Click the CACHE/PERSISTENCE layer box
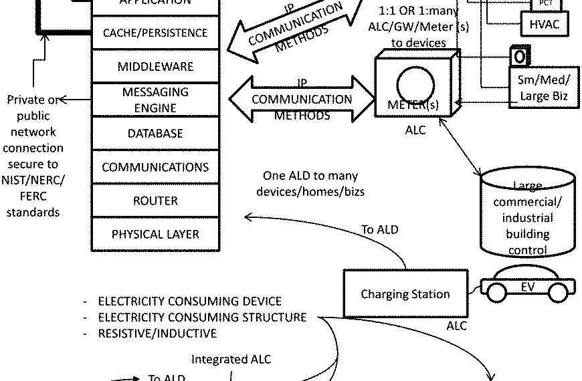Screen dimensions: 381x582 point(155,33)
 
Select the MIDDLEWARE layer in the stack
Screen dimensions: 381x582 point(155,67)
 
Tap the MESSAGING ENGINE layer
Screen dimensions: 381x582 point(155,100)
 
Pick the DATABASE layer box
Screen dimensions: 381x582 point(155,134)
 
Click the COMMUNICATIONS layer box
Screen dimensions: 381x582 point(155,167)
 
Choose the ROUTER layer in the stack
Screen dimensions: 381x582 point(155,201)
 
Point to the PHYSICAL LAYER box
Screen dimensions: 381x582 point(155,235)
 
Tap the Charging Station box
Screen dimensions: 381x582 point(405,294)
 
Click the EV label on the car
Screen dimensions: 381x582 point(528,287)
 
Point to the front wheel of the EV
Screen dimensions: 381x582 point(558,292)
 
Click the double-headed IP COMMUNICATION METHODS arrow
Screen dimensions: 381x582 point(302,100)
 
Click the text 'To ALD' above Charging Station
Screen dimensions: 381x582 point(380,229)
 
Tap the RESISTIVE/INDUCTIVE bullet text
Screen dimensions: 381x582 point(157,333)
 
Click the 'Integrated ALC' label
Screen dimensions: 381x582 point(231,360)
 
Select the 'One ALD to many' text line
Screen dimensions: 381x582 point(310,176)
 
